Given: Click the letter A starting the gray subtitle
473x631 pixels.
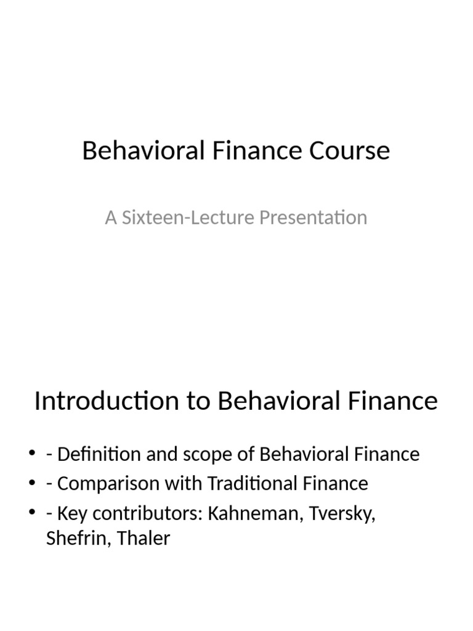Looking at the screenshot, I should point(111,218).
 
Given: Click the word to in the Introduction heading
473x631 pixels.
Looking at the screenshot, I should point(195,401).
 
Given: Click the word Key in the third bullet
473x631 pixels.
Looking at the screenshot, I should point(70,513).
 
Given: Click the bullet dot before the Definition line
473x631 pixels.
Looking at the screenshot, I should point(32,455).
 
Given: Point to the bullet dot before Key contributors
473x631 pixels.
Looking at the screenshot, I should point(32,513).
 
